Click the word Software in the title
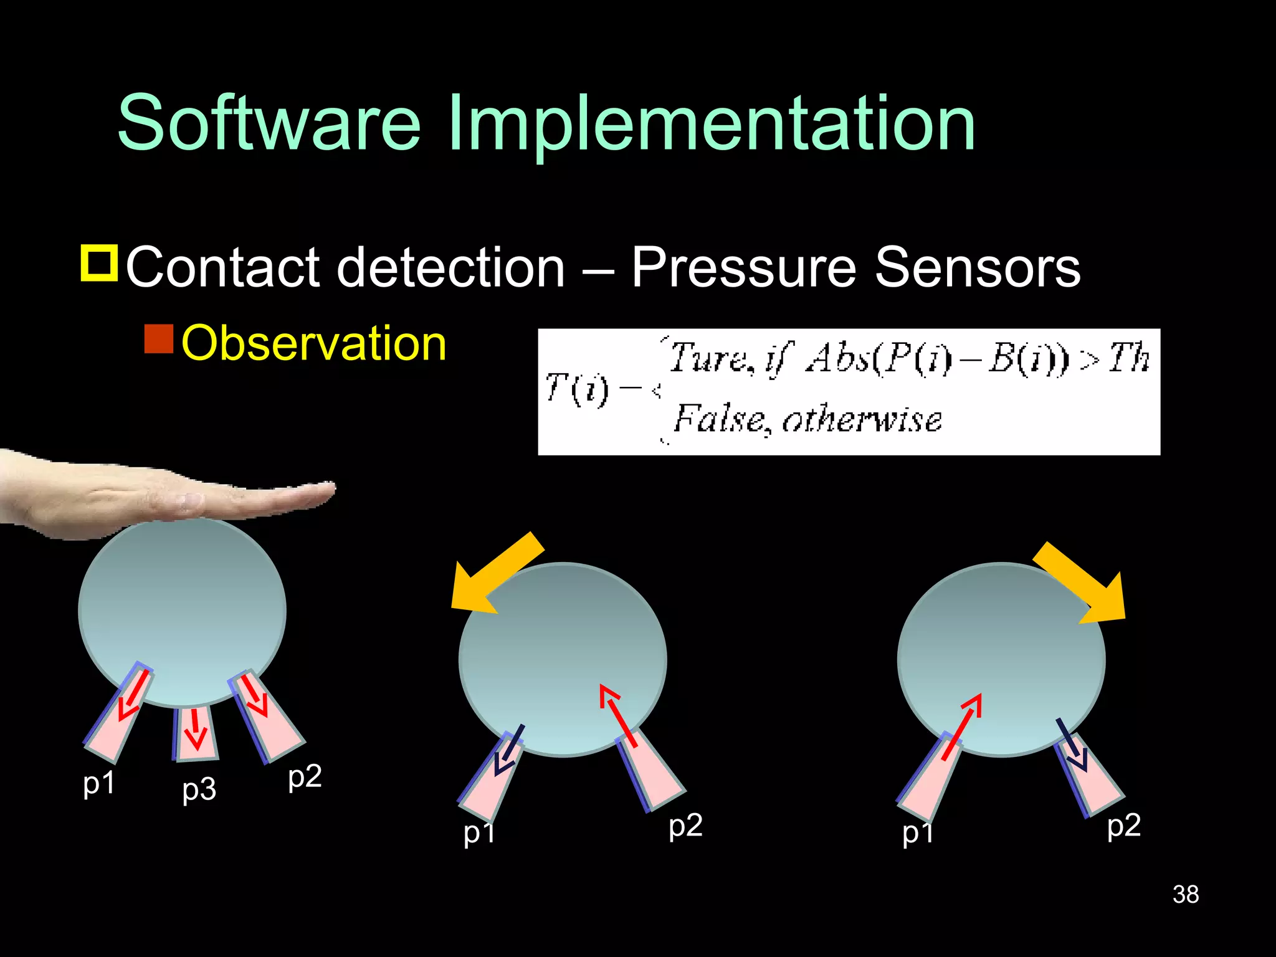269,123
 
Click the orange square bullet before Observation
158,339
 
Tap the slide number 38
1185,894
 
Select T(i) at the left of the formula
576,389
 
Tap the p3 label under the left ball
199,789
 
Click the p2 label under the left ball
305,776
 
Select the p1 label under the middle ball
478,832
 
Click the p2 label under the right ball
1123,826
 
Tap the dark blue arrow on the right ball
1072,745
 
